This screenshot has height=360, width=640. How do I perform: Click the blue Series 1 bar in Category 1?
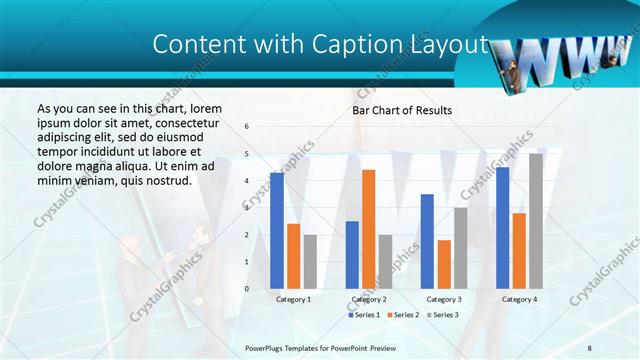click(x=277, y=231)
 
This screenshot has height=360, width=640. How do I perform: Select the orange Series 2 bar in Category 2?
click(x=368, y=229)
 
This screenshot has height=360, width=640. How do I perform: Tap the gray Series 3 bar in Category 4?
click(x=536, y=221)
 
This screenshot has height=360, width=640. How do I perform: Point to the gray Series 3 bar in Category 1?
click(x=310, y=262)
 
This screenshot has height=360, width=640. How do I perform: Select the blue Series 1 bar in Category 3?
click(x=427, y=241)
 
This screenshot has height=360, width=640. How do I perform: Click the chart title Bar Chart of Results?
click(x=401, y=110)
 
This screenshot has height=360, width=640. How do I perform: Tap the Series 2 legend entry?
click(x=402, y=315)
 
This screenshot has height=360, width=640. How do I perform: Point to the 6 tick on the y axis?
click(x=247, y=126)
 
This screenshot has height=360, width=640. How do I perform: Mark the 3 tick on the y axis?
click(x=247, y=208)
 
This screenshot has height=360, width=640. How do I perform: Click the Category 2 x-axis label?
click(x=368, y=299)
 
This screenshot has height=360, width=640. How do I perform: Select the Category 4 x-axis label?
click(x=519, y=299)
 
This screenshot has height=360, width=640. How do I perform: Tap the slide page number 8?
click(x=589, y=347)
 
